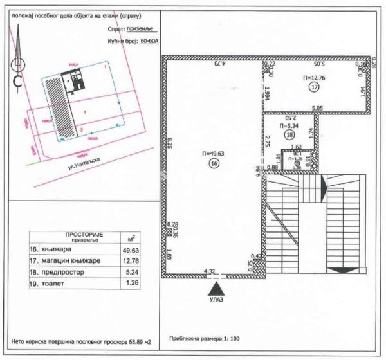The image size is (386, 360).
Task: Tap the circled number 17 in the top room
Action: click(x=314, y=86)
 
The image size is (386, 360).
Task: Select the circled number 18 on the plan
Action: click(x=289, y=136)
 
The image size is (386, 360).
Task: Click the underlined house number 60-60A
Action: click(x=149, y=39)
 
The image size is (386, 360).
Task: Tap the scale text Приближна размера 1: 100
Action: click(x=205, y=337)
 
